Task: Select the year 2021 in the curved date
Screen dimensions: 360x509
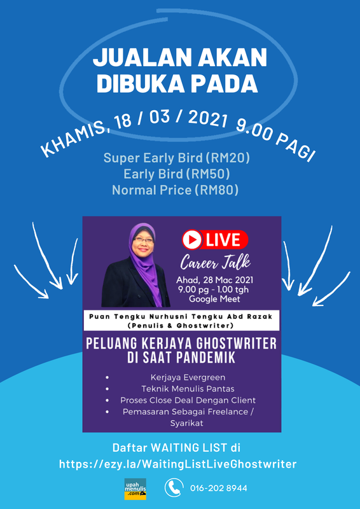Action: coord(207,120)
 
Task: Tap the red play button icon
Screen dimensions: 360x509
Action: coord(191,240)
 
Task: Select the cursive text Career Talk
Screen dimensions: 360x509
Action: coord(215,262)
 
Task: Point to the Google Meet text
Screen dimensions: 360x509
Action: coord(214,299)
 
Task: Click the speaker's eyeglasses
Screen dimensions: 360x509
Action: coord(143,241)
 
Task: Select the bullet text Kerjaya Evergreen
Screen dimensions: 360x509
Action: coord(188,378)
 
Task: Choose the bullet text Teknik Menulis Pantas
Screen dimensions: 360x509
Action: coord(188,389)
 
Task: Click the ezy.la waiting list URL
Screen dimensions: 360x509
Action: coord(178,464)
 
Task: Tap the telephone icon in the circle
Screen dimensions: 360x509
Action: coord(174,487)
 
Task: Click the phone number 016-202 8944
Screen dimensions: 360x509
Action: coord(219,488)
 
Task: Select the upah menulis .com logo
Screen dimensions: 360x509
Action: coord(135,489)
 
